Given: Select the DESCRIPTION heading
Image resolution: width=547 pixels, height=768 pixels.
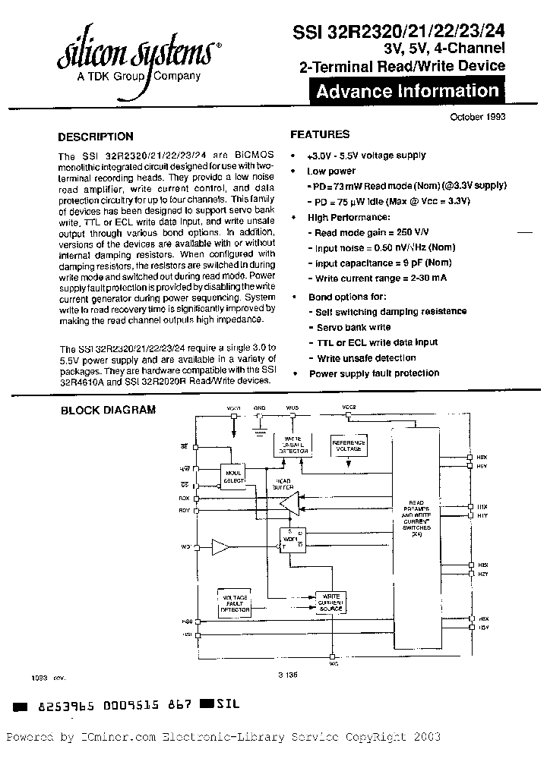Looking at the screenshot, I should (x=96, y=137).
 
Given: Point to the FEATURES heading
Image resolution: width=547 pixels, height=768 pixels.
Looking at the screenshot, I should (x=320, y=134).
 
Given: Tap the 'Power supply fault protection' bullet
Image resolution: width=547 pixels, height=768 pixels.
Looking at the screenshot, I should (x=374, y=373).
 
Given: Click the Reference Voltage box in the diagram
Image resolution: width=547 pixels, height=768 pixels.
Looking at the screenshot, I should (x=349, y=445).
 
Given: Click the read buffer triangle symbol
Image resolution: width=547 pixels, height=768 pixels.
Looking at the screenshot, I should (x=289, y=503).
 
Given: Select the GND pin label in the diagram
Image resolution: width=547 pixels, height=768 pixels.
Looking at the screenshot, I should (x=260, y=408).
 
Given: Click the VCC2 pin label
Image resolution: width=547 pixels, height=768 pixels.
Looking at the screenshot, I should (x=349, y=408).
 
